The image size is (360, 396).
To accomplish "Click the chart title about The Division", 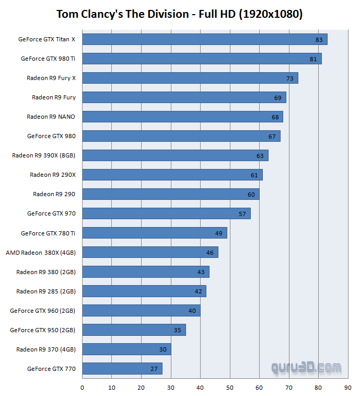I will (x=180, y=14).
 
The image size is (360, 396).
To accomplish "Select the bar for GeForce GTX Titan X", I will (x=204, y=39).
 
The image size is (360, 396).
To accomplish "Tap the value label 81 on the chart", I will (x=313, y=59).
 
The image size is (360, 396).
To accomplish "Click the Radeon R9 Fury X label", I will (x=51, y=78).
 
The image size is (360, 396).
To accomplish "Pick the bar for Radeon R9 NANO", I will (x=182, y=117).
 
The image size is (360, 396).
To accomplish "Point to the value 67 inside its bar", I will (x=272, y=137).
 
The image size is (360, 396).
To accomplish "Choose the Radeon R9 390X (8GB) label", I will (x=44, y=155).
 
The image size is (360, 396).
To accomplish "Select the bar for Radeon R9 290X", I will (x=172, y=175).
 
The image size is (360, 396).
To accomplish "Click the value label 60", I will (x=251, y=195).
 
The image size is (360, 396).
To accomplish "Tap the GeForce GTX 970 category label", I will (x=51, y=213).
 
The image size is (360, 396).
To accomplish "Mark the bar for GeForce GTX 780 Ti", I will (x=154, y=233).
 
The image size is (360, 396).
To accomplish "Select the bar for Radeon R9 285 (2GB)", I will (x=144, y=291).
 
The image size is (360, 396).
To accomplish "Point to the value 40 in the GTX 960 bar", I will (x=192, y=311).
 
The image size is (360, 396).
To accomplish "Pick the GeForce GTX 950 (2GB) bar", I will (x=134, y=330).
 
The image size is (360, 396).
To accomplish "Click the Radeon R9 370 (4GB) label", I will (x=46, y=349).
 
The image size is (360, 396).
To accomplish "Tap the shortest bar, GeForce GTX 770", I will (x=122, y=368).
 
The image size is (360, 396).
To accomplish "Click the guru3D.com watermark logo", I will (x=306, y=368).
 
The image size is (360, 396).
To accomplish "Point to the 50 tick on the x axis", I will (x=230, y=388).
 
